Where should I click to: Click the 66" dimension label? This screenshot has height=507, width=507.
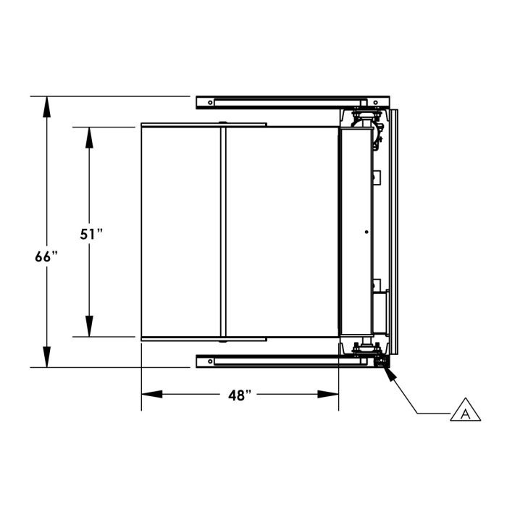[46, 257]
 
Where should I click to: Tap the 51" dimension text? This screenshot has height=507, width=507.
[91, 235]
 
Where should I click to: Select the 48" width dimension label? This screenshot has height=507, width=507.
[240, 395]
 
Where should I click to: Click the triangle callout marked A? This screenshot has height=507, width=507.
[465, 411]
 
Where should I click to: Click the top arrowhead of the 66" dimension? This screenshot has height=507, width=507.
[47, 106]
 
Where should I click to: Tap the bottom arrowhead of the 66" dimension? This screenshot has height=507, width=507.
[47, 357]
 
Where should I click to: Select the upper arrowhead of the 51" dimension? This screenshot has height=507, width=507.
[89, 138]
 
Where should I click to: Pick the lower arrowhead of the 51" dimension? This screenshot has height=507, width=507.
[89, 326]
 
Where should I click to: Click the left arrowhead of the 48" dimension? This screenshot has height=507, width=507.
[152, 394]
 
